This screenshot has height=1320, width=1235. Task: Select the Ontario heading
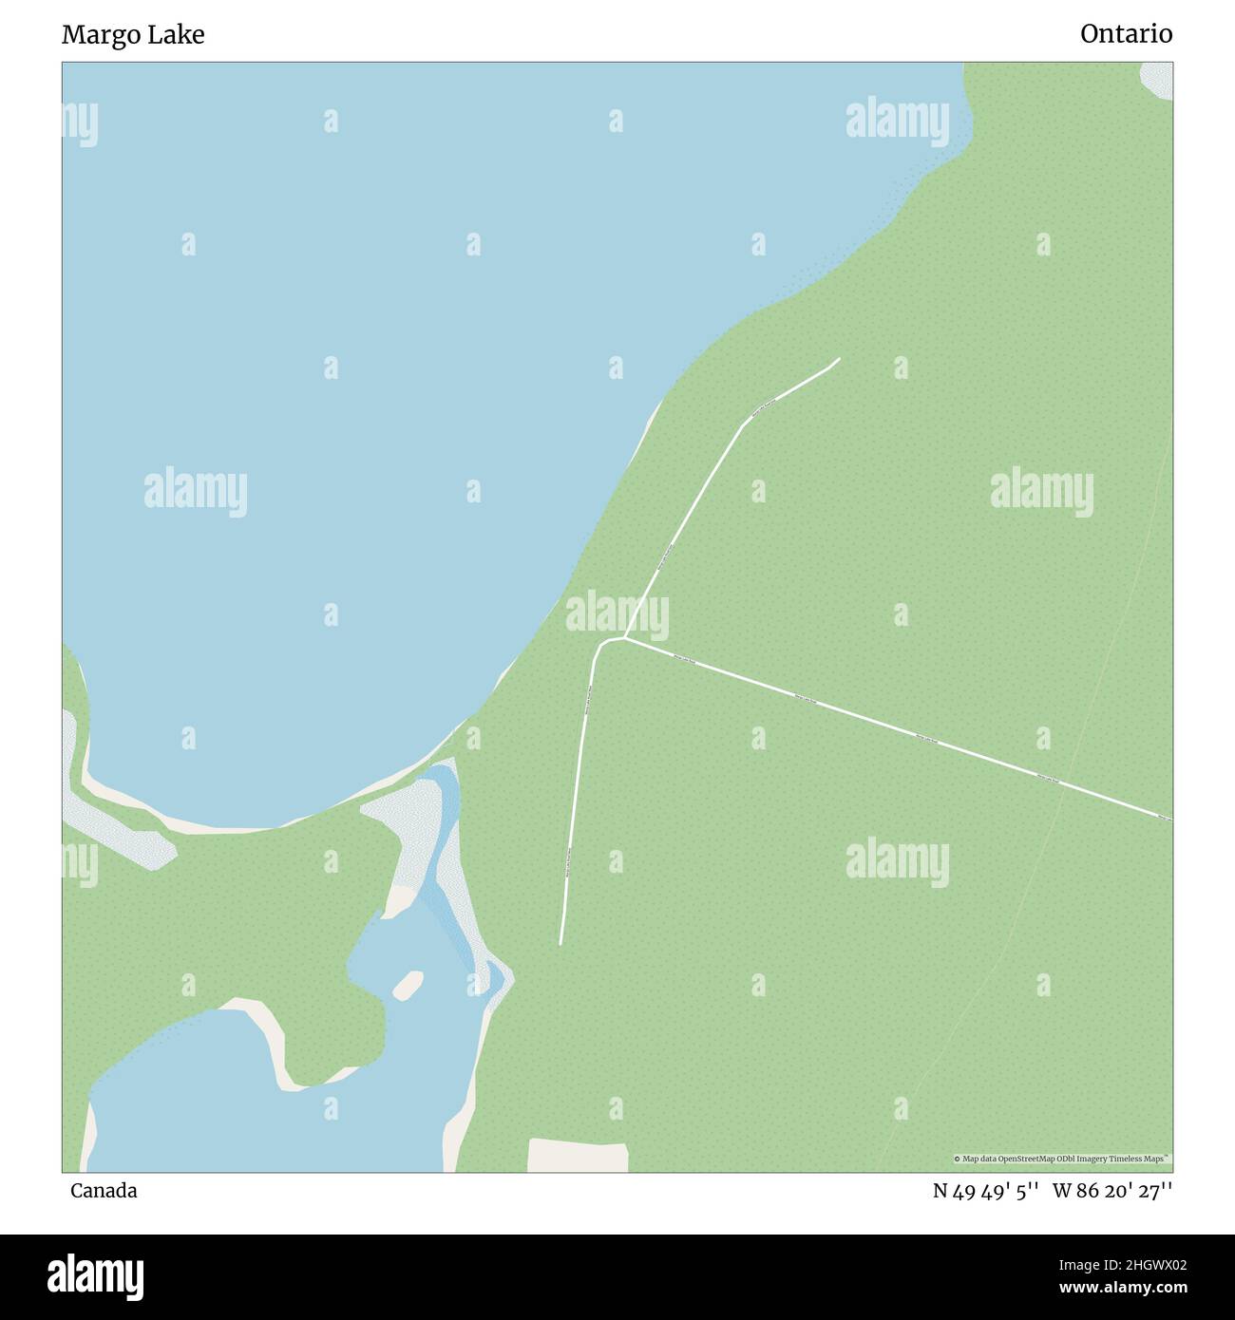point(1126,34)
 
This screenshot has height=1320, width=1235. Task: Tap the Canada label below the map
point(103,1191)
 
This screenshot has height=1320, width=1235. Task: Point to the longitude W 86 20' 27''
point(1112,1191)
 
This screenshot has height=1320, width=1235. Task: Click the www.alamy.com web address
point(1124,1288)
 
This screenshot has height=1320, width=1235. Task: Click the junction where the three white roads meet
point(622,638)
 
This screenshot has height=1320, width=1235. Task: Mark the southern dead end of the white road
point(560,943)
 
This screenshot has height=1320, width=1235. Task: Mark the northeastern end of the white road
point(839,359)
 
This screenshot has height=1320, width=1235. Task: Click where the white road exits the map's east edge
point(1170,819)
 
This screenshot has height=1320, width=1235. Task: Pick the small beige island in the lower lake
point(408,985)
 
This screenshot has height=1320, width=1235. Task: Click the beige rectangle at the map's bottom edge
point(578,1156)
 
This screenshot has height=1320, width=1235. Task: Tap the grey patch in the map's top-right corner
point(1158,80)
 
